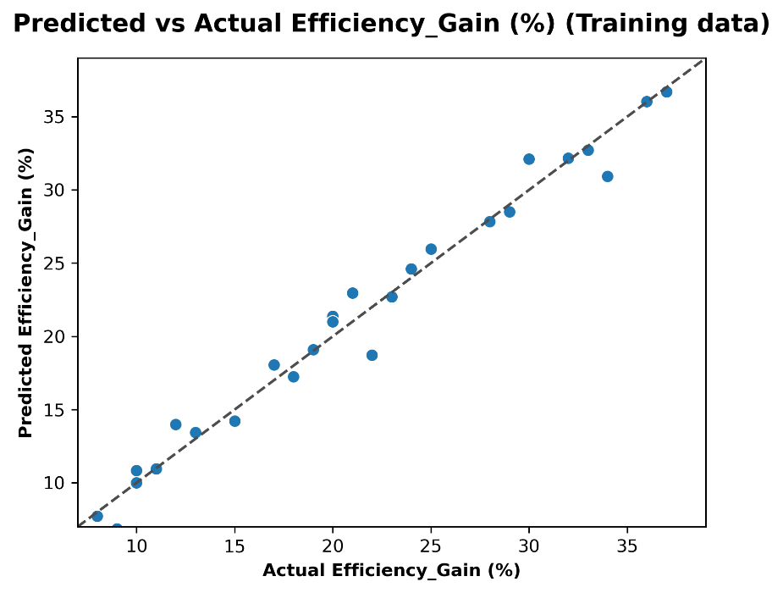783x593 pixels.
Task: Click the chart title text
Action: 391,25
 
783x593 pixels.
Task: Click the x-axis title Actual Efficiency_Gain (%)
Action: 391,570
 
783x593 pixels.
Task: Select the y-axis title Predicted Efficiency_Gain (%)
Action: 26,292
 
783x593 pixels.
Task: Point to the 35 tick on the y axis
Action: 56,116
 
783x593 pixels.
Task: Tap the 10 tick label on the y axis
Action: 56,483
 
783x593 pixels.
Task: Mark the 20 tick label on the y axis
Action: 56,336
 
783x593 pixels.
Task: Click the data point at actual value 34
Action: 607,176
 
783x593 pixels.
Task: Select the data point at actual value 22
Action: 372,355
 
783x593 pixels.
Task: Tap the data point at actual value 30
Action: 529,158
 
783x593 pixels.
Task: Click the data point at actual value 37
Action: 666,91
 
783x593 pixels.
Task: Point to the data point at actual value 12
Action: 175,424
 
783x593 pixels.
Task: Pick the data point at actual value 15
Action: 234,421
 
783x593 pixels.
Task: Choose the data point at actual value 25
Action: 431,249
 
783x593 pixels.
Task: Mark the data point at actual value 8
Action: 97,516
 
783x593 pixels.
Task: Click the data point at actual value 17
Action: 273,365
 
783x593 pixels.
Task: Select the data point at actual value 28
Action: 489,221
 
